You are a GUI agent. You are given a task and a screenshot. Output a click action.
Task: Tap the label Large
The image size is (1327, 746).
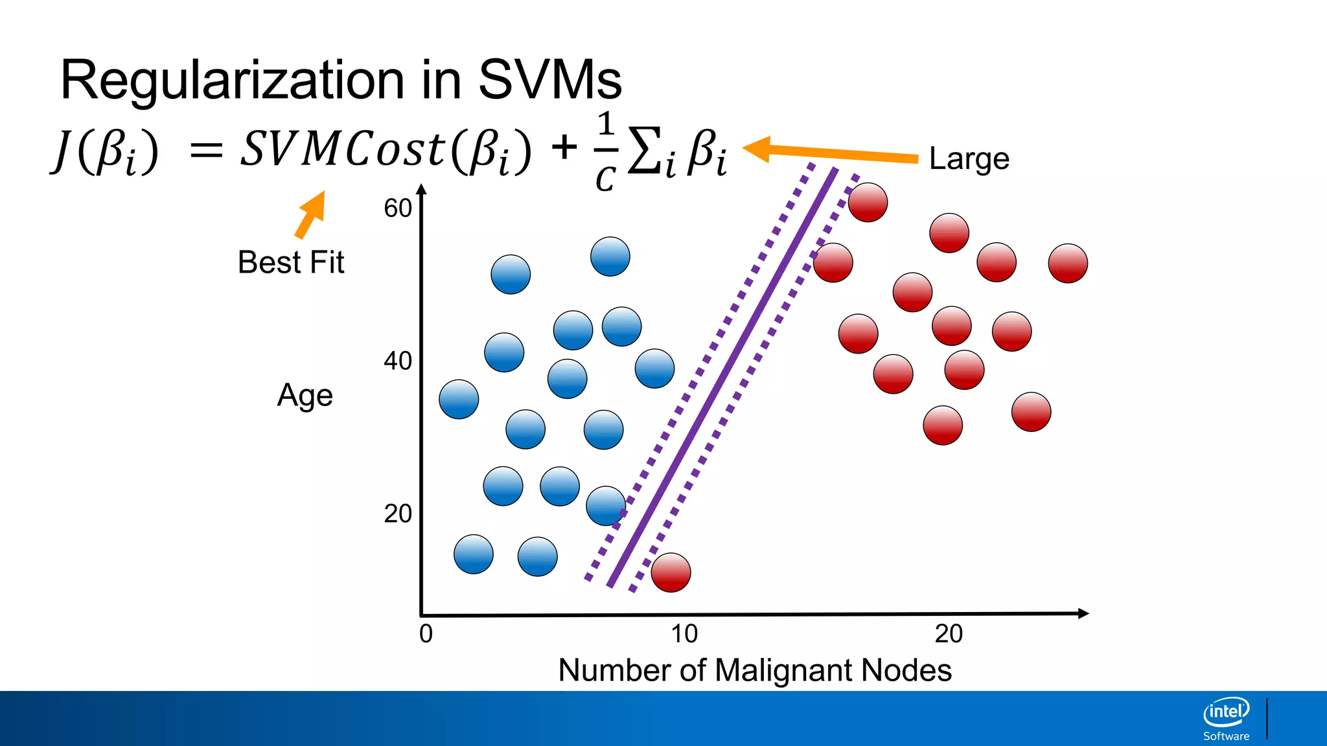click(969, 159)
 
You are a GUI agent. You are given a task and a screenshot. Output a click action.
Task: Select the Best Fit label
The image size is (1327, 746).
click(291, 262)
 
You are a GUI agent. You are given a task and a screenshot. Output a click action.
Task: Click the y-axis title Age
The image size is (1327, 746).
click(305, 395)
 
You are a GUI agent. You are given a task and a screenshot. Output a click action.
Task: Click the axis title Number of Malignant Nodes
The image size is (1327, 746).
click(755, 670)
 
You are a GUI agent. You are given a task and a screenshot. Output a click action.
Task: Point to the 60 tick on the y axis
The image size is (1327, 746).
click(398, 209)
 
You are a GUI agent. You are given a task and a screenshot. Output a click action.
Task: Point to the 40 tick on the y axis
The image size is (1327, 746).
click(398, 361)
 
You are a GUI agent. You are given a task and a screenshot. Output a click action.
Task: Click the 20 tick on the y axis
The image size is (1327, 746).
click(398, 514)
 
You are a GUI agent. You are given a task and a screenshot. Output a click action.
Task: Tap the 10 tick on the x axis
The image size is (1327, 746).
click(684, 633)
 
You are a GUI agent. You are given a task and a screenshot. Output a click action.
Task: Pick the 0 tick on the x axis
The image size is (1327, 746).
click(426, 633)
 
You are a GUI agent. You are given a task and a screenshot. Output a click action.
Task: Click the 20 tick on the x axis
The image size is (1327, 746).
click(949, 633)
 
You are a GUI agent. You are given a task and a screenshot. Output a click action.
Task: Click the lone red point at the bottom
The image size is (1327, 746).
click(671, 572)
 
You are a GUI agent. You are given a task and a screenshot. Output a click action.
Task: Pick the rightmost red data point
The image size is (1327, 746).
click(1068, 264)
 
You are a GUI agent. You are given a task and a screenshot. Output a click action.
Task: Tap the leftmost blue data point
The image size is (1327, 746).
click(459, 400)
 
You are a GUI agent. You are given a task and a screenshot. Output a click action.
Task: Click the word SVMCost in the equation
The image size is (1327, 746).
click(343, 149)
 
